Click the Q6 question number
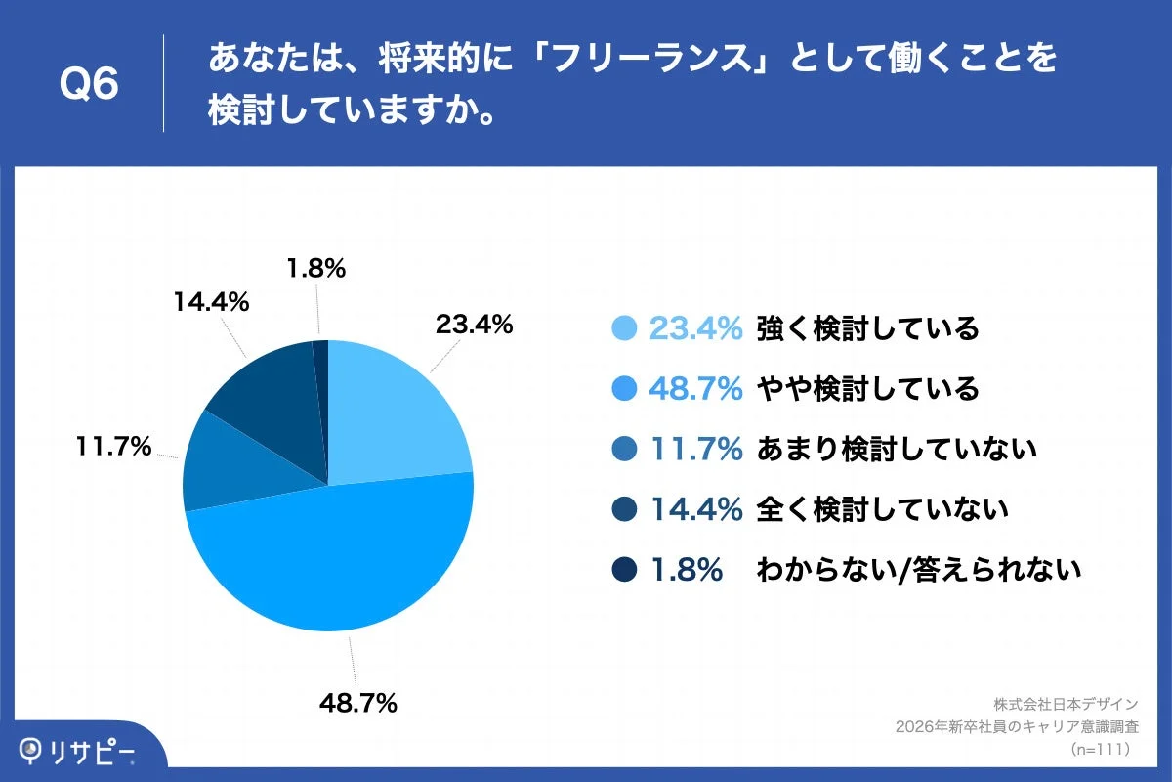[89, 84]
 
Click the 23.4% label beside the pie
[474, 325]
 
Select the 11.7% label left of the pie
[113, 447]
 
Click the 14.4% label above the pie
[211, 302]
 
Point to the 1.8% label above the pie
[315, 268]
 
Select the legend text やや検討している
[867, 389]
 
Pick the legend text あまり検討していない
[896, 449]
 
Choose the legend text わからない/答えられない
[918, 569]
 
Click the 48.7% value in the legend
[695, 389]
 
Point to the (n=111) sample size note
[1101, 749]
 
